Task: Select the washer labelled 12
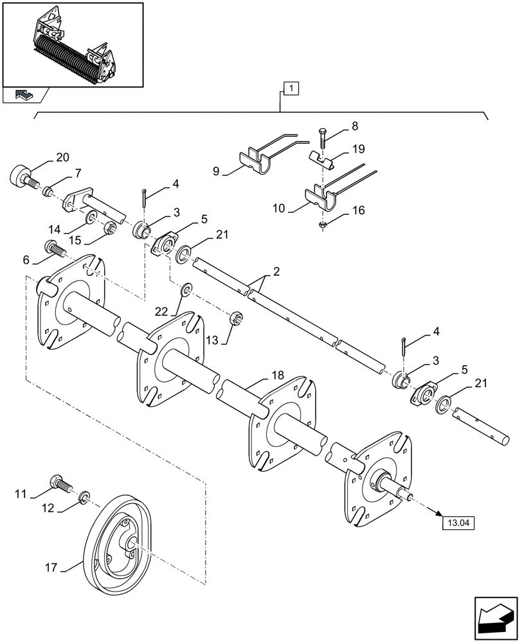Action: (x=84, y=498)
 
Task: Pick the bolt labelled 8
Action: (x=321, y=138)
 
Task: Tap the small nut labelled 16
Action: (x=322, y=224)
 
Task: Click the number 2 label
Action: (x=275, y=273)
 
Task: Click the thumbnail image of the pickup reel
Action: (x=72, y=44)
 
